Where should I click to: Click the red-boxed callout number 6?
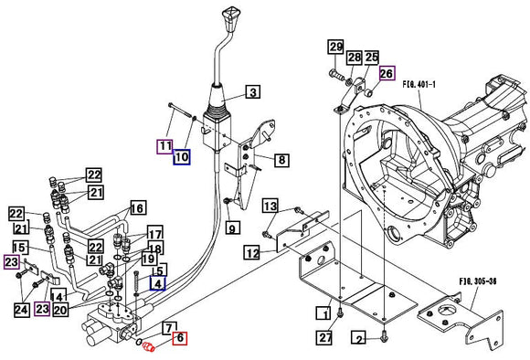180,338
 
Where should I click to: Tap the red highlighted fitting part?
149,346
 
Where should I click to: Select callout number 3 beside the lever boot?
253,92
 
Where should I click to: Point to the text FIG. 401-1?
419,84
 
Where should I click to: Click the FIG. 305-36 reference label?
478,281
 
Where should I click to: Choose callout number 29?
335,47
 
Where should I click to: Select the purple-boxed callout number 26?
387,73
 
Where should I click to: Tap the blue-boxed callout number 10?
182,157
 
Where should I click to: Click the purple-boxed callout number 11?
165,146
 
